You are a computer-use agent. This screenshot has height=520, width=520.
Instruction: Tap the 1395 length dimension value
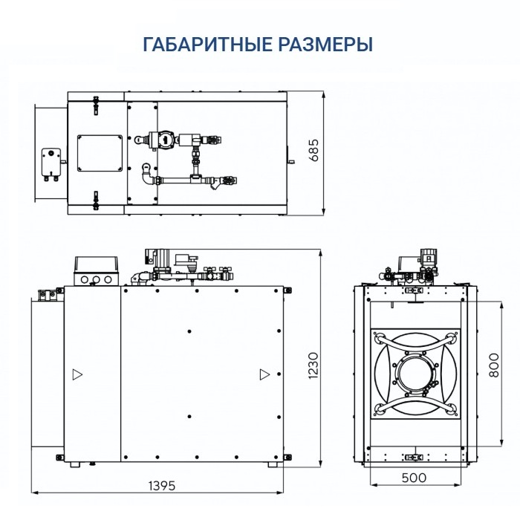(x=160, y=486)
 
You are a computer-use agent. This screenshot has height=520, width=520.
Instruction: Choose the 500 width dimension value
(x=415, y=478)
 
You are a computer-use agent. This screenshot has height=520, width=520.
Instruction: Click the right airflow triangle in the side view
(x=264, y=374)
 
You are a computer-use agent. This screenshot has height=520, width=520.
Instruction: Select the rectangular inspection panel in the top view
(x=100, y=152)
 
